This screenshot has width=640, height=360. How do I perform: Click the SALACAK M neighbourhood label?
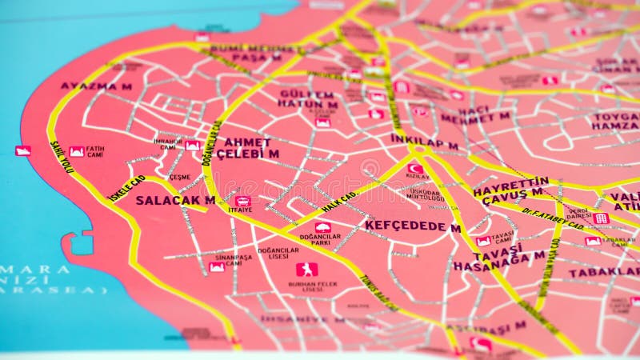pos(175,200)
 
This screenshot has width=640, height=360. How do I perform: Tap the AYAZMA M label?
pos(96,86)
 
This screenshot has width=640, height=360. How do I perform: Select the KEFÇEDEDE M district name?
pos(412,226)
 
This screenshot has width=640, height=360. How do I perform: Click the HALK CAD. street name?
pos(339,202)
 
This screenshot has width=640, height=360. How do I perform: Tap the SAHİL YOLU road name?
pos(62,157)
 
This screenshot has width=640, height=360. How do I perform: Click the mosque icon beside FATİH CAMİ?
pos(77,151)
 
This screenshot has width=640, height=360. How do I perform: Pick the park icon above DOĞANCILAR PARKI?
pos(323,228)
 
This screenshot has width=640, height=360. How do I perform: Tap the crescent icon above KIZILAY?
pos(415,168)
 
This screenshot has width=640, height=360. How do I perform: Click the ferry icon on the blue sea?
pos(22,150)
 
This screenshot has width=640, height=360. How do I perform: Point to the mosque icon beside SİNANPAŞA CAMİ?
pos(217,267)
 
